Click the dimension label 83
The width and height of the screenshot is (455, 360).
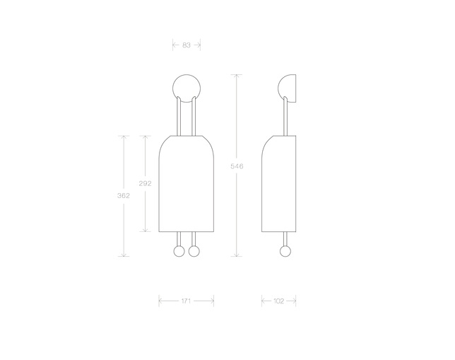187,45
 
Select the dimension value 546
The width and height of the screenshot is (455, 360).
237,166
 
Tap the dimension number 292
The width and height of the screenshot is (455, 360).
145,183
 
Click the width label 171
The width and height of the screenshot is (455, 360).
187,301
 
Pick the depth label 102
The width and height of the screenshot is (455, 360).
278,301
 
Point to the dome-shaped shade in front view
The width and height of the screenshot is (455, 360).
187,184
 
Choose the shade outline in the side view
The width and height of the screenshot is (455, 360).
278,184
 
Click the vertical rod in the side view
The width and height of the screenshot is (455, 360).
286,117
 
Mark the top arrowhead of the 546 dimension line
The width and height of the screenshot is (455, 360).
237,75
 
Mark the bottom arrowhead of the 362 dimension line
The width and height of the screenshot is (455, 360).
124,255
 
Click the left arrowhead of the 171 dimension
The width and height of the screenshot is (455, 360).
161,301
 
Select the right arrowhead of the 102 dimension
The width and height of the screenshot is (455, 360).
294,301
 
